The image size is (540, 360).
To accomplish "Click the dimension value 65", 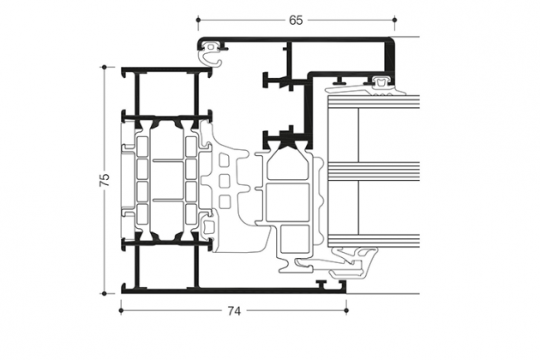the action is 296,21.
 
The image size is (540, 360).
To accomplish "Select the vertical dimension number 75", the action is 105,180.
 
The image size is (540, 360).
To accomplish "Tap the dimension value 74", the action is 234,311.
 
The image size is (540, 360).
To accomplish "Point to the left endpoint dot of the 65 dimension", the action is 198,20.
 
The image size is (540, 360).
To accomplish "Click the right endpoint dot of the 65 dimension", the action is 394,20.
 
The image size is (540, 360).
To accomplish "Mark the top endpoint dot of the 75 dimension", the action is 104,67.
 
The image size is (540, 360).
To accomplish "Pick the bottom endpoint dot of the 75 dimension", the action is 104,293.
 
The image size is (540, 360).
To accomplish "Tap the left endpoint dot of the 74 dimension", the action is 121,311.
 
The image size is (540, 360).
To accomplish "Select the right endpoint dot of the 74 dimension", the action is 346,311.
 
